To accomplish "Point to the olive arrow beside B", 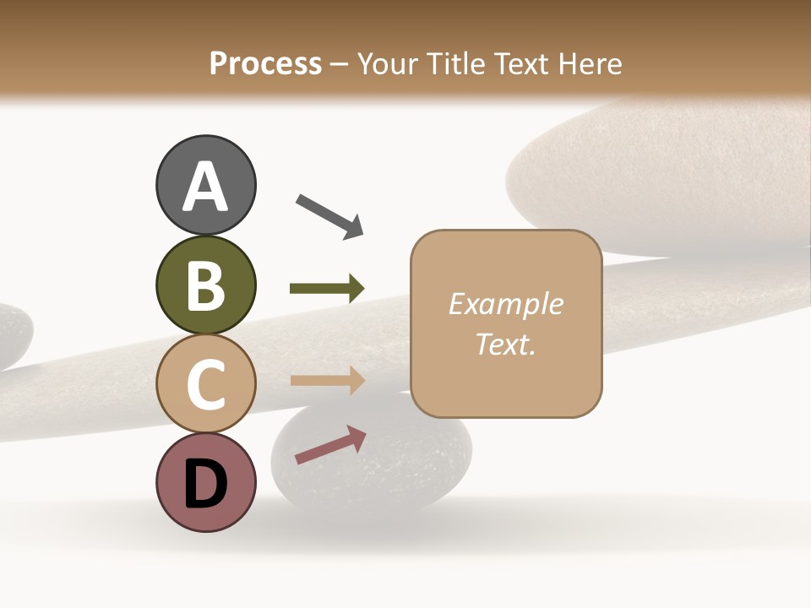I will point(327,289).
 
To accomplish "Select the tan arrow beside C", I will point(327,380).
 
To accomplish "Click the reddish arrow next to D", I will point(330,445).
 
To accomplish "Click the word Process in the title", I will point(265,63).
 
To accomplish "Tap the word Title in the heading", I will point(456,63).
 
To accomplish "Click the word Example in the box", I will point(505,304).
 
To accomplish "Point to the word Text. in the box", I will point(505,344).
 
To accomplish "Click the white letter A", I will point(205,187).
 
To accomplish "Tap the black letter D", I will point(205,485).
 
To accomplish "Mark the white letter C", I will point(205,384).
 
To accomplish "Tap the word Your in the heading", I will point(389,63).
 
